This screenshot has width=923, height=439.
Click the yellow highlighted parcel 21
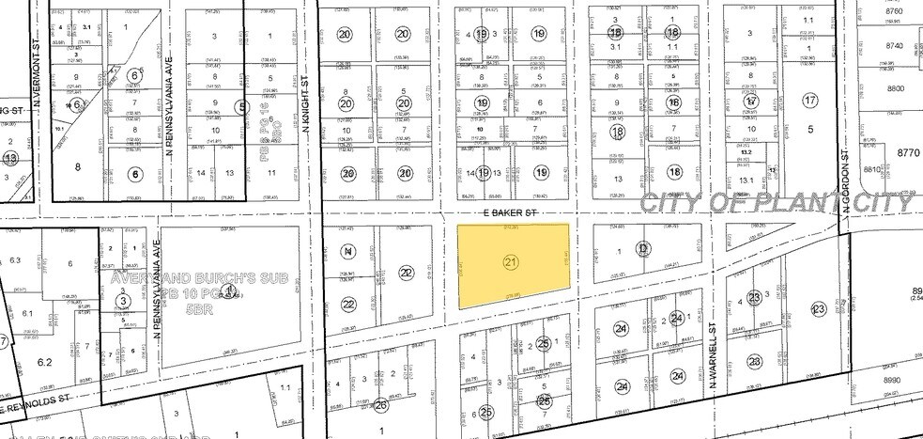(x=512, y=266)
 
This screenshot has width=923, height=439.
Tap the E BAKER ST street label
(x=510, y=213)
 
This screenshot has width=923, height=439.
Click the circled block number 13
(x=10, y=159)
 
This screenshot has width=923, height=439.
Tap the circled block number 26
(x=381, y=406)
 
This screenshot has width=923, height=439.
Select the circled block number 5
(x=242, y=108)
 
